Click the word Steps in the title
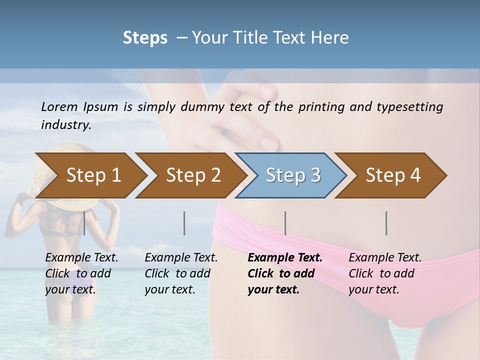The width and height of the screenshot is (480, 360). click(x=145, y=38)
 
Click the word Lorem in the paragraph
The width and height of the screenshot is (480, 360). click(x=59, y=106)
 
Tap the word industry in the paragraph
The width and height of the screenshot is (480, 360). click(x=65, y=124)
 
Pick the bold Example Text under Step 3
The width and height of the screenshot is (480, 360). click(x=285, y=258)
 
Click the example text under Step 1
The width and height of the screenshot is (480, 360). click(x=81, y=273)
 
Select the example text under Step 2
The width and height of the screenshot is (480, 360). click(x=181, y=273)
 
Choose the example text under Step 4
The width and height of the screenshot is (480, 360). click(x=385, y=273)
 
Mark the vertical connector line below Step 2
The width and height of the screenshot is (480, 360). click(x=184, y=223)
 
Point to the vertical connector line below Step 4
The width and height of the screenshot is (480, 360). click(x=386, y=223)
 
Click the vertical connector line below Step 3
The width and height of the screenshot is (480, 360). click(x=285, y=223)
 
